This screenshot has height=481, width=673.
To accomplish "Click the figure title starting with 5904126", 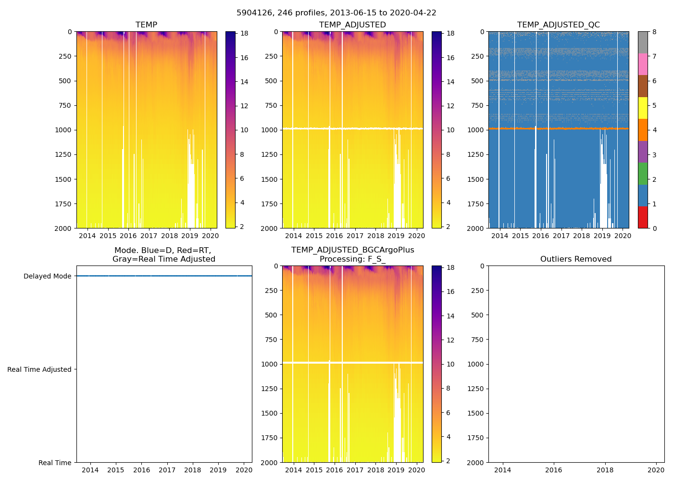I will [x=336, y=13].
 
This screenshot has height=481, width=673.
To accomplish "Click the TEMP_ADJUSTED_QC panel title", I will [x=558, y=25].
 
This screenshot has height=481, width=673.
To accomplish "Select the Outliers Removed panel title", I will [x=575, y=259].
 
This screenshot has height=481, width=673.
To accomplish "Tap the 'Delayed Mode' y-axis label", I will [x=47, y=276].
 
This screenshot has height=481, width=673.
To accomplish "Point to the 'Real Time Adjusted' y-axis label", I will [x=39, y=369].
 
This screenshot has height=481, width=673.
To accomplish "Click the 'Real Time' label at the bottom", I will [x=55, y=463].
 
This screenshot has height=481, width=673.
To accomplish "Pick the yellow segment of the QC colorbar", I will [x=643, y=108].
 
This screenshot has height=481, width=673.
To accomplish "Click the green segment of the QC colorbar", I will [x=643, y=174].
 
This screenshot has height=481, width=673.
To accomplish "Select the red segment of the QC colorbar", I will [x=643, y=217].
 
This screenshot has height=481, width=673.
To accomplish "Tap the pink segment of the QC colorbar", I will [x=643, y=64].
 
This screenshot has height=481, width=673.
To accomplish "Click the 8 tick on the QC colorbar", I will [x=654, y=32].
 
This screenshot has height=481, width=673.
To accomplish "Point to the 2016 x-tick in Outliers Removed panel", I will [x=554, y=470].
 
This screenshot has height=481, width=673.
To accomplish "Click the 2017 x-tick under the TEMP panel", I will [x=149, y=236].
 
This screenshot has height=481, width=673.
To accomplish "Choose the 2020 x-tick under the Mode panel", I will [x=244, y=470].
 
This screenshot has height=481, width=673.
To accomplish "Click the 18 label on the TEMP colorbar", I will [x=244, y=34].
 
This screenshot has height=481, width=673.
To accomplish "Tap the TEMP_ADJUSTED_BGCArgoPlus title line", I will [x=352, y=250].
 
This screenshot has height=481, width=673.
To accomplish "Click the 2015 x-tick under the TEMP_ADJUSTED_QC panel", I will [x=520, y=236].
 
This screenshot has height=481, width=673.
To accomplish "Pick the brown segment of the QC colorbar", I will [x=643, y=86].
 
